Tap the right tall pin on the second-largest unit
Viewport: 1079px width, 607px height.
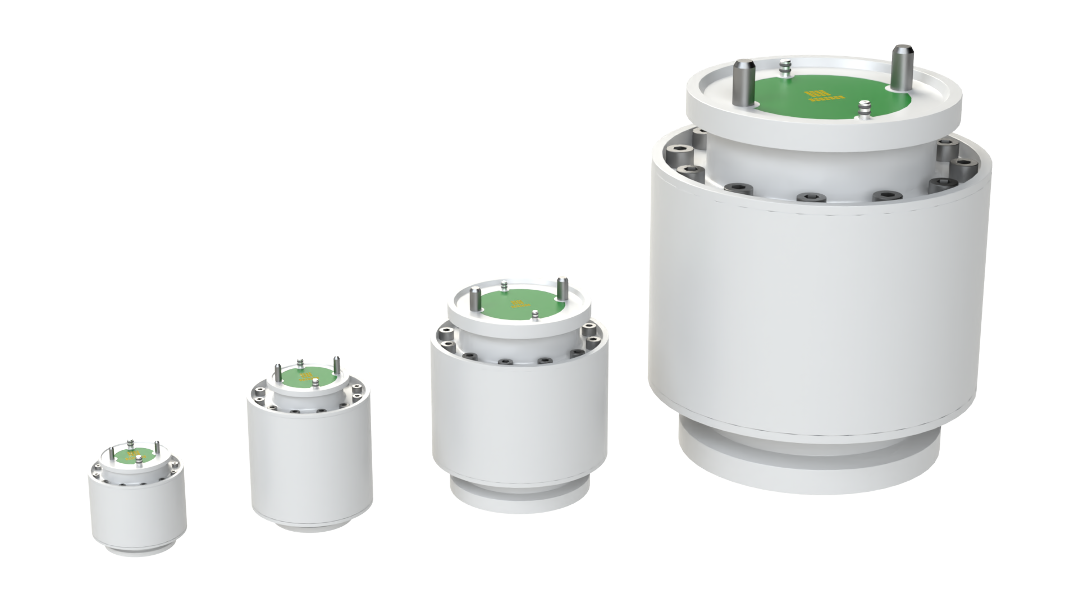563,287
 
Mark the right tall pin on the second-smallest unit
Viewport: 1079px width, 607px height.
336,364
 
